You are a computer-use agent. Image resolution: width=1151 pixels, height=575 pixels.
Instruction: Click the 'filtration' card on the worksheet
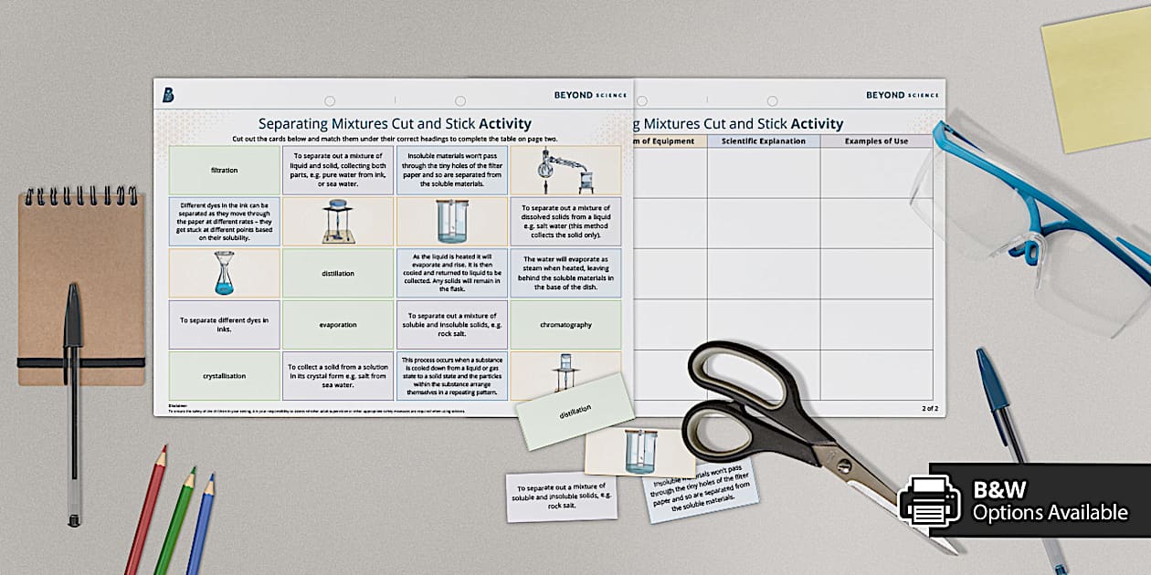224,170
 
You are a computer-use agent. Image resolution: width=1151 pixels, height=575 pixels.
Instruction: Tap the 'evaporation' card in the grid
338,324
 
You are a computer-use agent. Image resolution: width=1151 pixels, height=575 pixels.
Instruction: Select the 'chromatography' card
565,324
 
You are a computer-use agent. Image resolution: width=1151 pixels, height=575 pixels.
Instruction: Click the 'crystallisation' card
224,375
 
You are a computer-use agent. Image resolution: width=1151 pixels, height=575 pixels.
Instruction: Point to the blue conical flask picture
224,273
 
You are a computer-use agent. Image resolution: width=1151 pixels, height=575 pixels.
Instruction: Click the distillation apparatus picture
565,170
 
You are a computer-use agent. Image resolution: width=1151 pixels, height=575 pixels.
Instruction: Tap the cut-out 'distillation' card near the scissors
575,411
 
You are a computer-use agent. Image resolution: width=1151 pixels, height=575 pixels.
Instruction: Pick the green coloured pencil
175,519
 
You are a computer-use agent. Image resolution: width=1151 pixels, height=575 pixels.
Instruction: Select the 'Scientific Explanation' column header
763,141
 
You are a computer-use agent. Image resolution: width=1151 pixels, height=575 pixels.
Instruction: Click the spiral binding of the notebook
80,197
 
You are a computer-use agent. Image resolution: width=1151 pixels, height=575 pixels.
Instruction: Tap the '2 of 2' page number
929,408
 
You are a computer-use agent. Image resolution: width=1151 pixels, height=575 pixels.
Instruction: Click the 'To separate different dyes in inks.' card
224,324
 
